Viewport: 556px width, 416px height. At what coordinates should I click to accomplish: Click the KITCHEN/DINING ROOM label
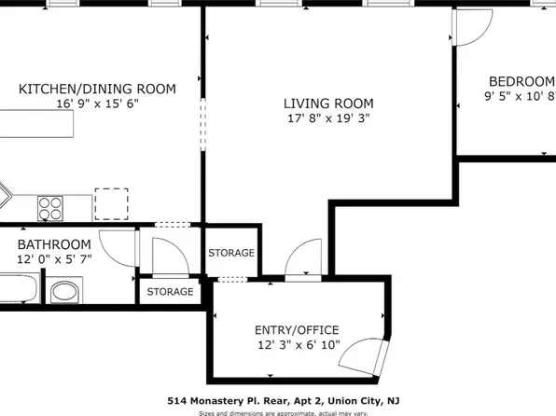click(x=98, y=90)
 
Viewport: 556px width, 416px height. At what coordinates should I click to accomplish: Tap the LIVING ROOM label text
click(x=328, y=104)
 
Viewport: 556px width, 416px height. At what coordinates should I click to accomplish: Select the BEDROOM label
click(x=519, y=81)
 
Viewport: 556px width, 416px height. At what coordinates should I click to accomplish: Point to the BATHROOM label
click(x=54, y=244)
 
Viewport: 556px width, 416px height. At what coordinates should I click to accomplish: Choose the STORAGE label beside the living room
click(x=231, y=253)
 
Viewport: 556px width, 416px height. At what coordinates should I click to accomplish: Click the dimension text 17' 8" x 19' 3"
click(x=328, y=118)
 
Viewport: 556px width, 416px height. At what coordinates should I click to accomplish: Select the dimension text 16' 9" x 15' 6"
click(x=98, y=104)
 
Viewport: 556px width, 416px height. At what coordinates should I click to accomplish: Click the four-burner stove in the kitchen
click(x=49, y=204)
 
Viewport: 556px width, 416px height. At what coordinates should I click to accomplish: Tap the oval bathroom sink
click(x=65, y=294)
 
